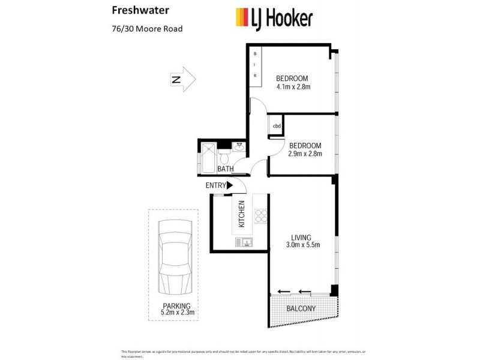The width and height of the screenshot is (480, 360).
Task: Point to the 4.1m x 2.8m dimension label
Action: [x=293, y=87]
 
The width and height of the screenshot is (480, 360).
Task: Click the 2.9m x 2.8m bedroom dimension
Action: [x=305, y=154]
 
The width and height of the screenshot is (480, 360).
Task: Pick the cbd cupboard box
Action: [x=277, y=126]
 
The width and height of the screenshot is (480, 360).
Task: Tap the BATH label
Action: [x=226, y=169]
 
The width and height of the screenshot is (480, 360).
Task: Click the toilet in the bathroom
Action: [x=224, y=158]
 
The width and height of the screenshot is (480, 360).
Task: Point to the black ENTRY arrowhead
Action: [x=229, y=186]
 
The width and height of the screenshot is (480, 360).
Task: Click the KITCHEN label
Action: [x=242, y=214]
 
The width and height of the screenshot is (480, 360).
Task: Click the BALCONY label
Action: [x=301, y=308]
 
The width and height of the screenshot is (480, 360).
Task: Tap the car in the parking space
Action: [x=173, y=259]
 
